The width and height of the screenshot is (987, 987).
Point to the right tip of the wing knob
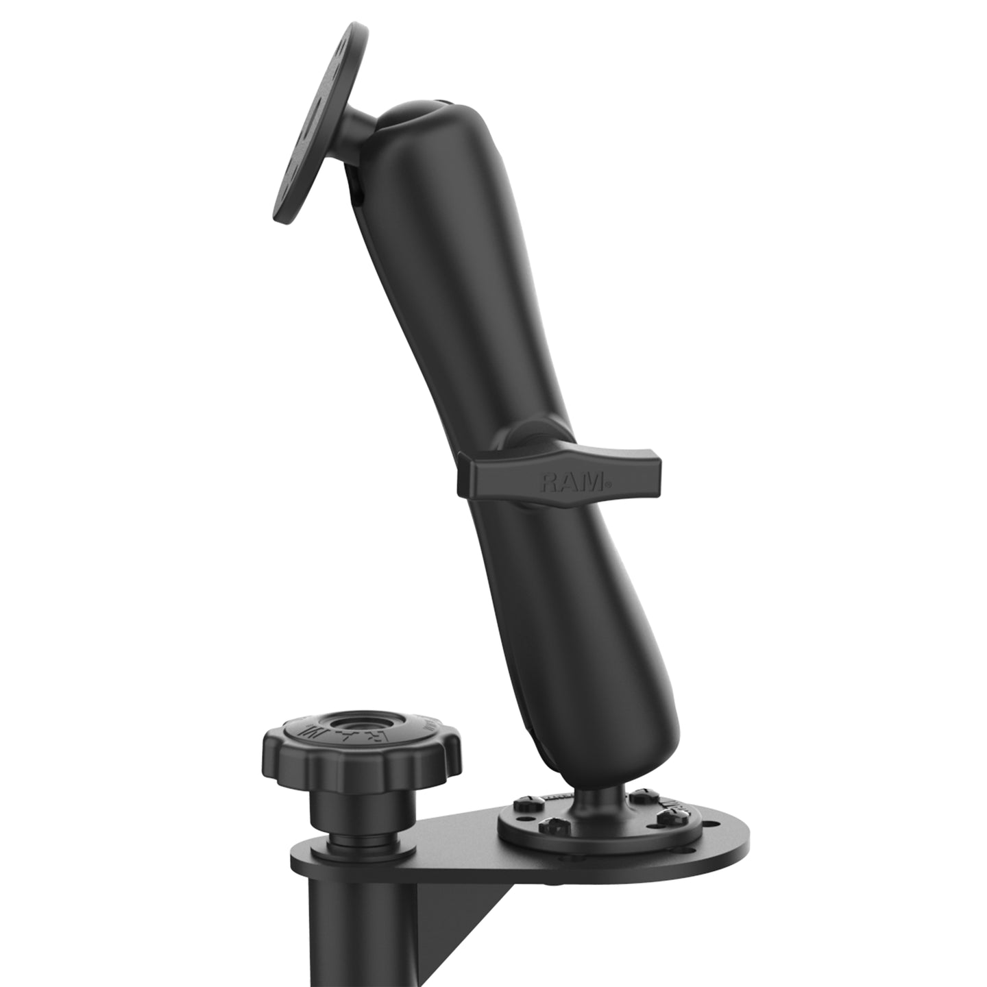pos(658,472)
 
